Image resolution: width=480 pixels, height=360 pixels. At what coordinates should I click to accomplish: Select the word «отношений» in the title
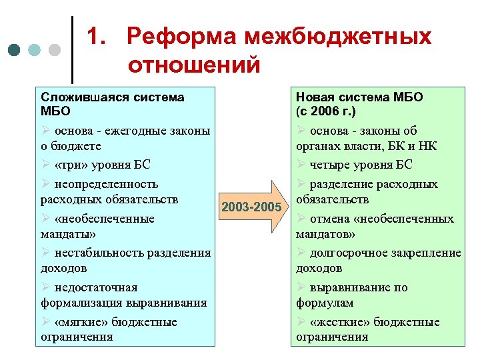point(193,65)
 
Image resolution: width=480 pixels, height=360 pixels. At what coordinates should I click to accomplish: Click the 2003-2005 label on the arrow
point(251,207)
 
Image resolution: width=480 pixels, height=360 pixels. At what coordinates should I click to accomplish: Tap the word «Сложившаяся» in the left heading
point(77,97)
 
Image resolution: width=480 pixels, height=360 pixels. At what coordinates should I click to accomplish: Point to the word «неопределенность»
point(106,184)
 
